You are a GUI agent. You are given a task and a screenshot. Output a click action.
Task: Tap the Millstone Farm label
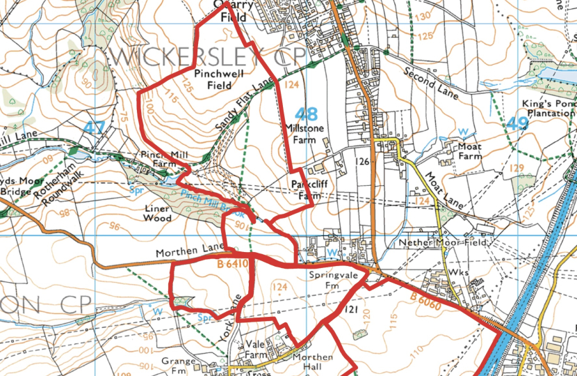[x=300, y=134]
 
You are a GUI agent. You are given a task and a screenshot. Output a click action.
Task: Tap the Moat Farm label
[x=469, y=151]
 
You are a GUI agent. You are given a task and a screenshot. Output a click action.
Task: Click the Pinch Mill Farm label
[x=156, y=157]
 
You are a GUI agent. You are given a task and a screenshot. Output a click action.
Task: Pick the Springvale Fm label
[x=323, y=281]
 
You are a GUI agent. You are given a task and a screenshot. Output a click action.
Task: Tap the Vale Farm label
[x=256, y=350]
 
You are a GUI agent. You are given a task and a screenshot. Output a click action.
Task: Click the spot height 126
[x=360, y=161]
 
